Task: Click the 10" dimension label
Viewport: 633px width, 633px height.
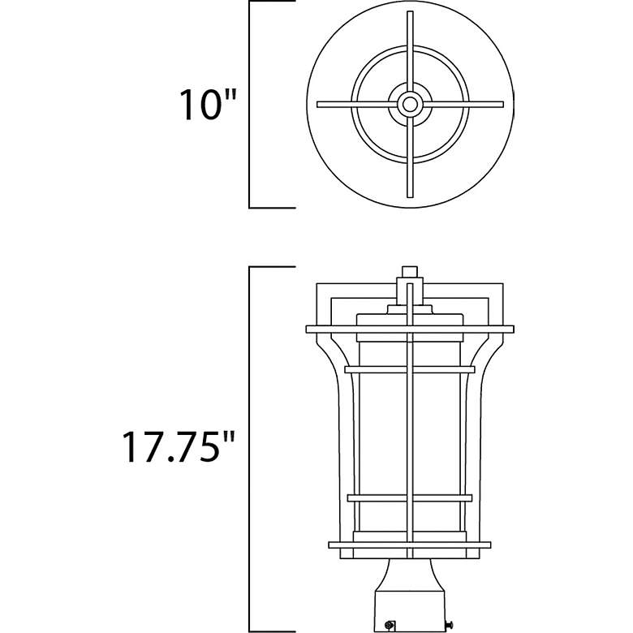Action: point(208,105)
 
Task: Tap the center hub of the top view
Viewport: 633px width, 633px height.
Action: point(411,104)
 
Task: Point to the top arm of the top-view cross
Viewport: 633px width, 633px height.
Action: point(411,49)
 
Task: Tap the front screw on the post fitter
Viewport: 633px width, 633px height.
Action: point(391,625)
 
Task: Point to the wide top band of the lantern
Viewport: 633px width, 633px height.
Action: point(410,329)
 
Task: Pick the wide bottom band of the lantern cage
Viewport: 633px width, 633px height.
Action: point(410,545)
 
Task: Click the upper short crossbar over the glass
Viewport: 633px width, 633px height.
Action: point(410,368)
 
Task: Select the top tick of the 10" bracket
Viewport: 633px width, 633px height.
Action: point(272,2)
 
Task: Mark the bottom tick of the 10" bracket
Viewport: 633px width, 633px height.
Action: point(272,207)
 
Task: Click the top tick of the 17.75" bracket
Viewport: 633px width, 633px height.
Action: point(272,267)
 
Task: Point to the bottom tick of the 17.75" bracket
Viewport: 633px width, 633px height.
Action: point(272,630)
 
